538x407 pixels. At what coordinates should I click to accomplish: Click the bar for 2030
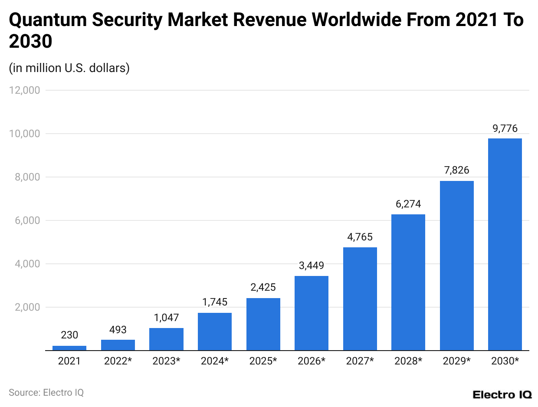[505, 244]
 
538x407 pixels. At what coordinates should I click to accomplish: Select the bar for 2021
[69, 348]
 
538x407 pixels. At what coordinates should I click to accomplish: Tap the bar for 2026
[311, 313]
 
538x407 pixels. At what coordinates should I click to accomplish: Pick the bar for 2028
[408, 282]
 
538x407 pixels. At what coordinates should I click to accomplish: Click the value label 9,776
[505, 128]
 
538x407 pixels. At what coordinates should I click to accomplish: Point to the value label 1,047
[166, 318]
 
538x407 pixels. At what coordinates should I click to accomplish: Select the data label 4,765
[360, 237]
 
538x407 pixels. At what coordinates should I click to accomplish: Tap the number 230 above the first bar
[69, 335]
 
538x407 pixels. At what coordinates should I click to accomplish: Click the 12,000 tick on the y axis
[25, 90]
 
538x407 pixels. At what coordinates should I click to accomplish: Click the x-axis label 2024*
[214, 361]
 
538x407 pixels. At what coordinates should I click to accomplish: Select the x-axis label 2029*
[456, 361]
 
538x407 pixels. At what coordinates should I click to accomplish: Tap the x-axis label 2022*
[118, 361]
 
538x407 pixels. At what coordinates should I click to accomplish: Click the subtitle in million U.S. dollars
[69, 68]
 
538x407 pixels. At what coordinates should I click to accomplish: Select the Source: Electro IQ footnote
[46, 393]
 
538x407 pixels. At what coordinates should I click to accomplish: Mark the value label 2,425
[263, 287]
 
